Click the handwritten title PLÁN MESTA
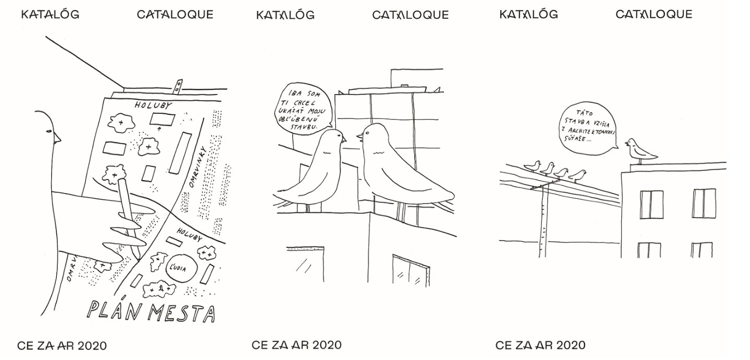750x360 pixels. click(x=150, y=311)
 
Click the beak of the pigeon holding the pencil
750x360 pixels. click(x=58, y=137)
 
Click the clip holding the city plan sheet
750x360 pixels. click(x=179, y=87)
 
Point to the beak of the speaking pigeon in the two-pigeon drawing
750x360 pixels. click(x=343, y=140)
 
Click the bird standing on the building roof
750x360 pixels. click(x=640, y=151)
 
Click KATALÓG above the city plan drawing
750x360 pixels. click(x=50, y=15)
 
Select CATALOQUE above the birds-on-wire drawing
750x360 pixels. click(x=654, y=15)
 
